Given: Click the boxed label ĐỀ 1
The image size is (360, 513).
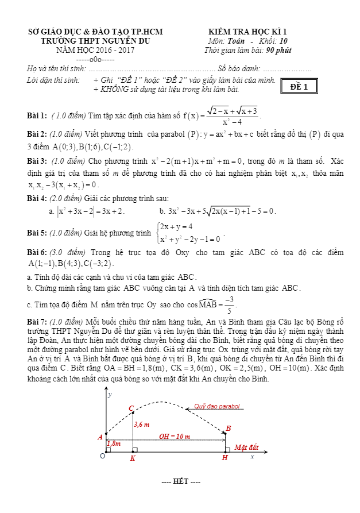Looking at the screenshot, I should [x=299, y=87].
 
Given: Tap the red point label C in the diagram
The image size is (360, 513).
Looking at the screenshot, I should [x=131, y=408].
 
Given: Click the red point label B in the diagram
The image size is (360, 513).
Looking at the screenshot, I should [x=228, y=429].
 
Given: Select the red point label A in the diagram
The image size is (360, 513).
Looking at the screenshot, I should [x=100, y=437].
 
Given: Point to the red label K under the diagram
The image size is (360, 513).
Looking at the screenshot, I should [x=133, y=458].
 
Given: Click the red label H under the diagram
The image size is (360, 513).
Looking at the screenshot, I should [x=224, y=458].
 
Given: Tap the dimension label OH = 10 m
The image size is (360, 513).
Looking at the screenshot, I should [x=175, y=437].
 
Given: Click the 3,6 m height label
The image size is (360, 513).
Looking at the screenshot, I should [x=141, y=425].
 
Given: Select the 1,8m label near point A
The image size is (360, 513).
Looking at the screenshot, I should [x=114, y=443].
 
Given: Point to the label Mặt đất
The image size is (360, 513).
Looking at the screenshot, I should [x=246, y=447].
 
